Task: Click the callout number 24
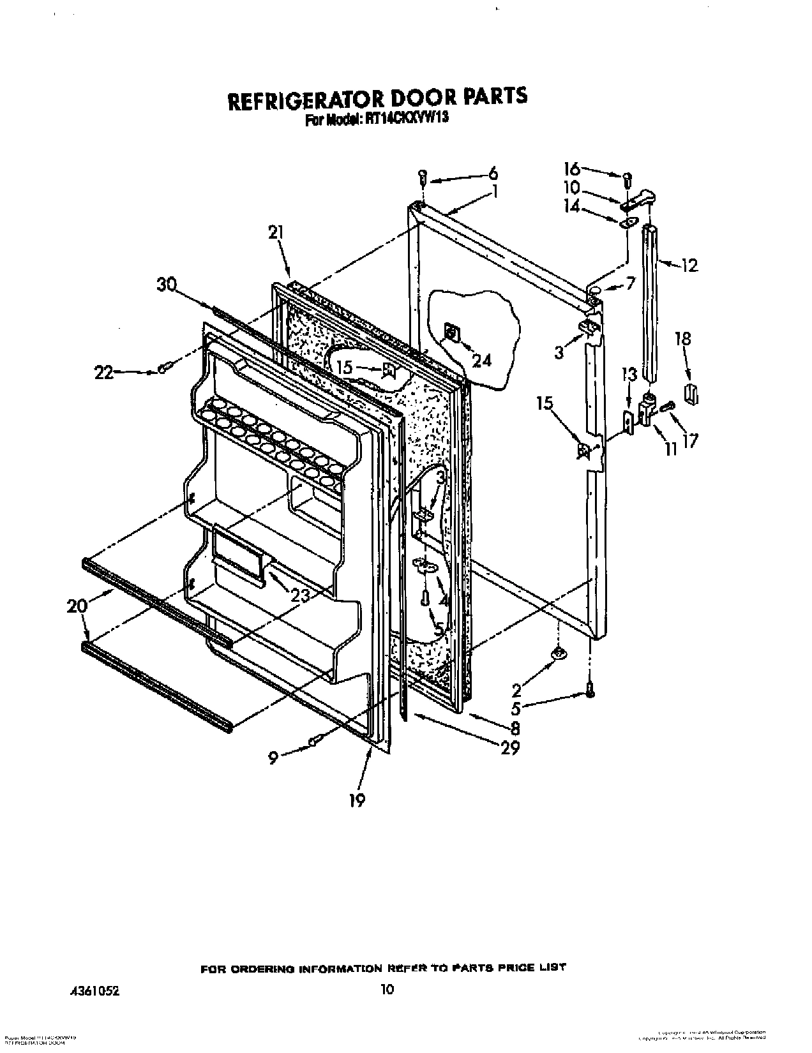coord(482,361)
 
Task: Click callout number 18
coord(683,338)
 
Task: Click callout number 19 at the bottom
coord(357,799)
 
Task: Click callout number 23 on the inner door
coord(300,595)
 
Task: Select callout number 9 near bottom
coord(273,758)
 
